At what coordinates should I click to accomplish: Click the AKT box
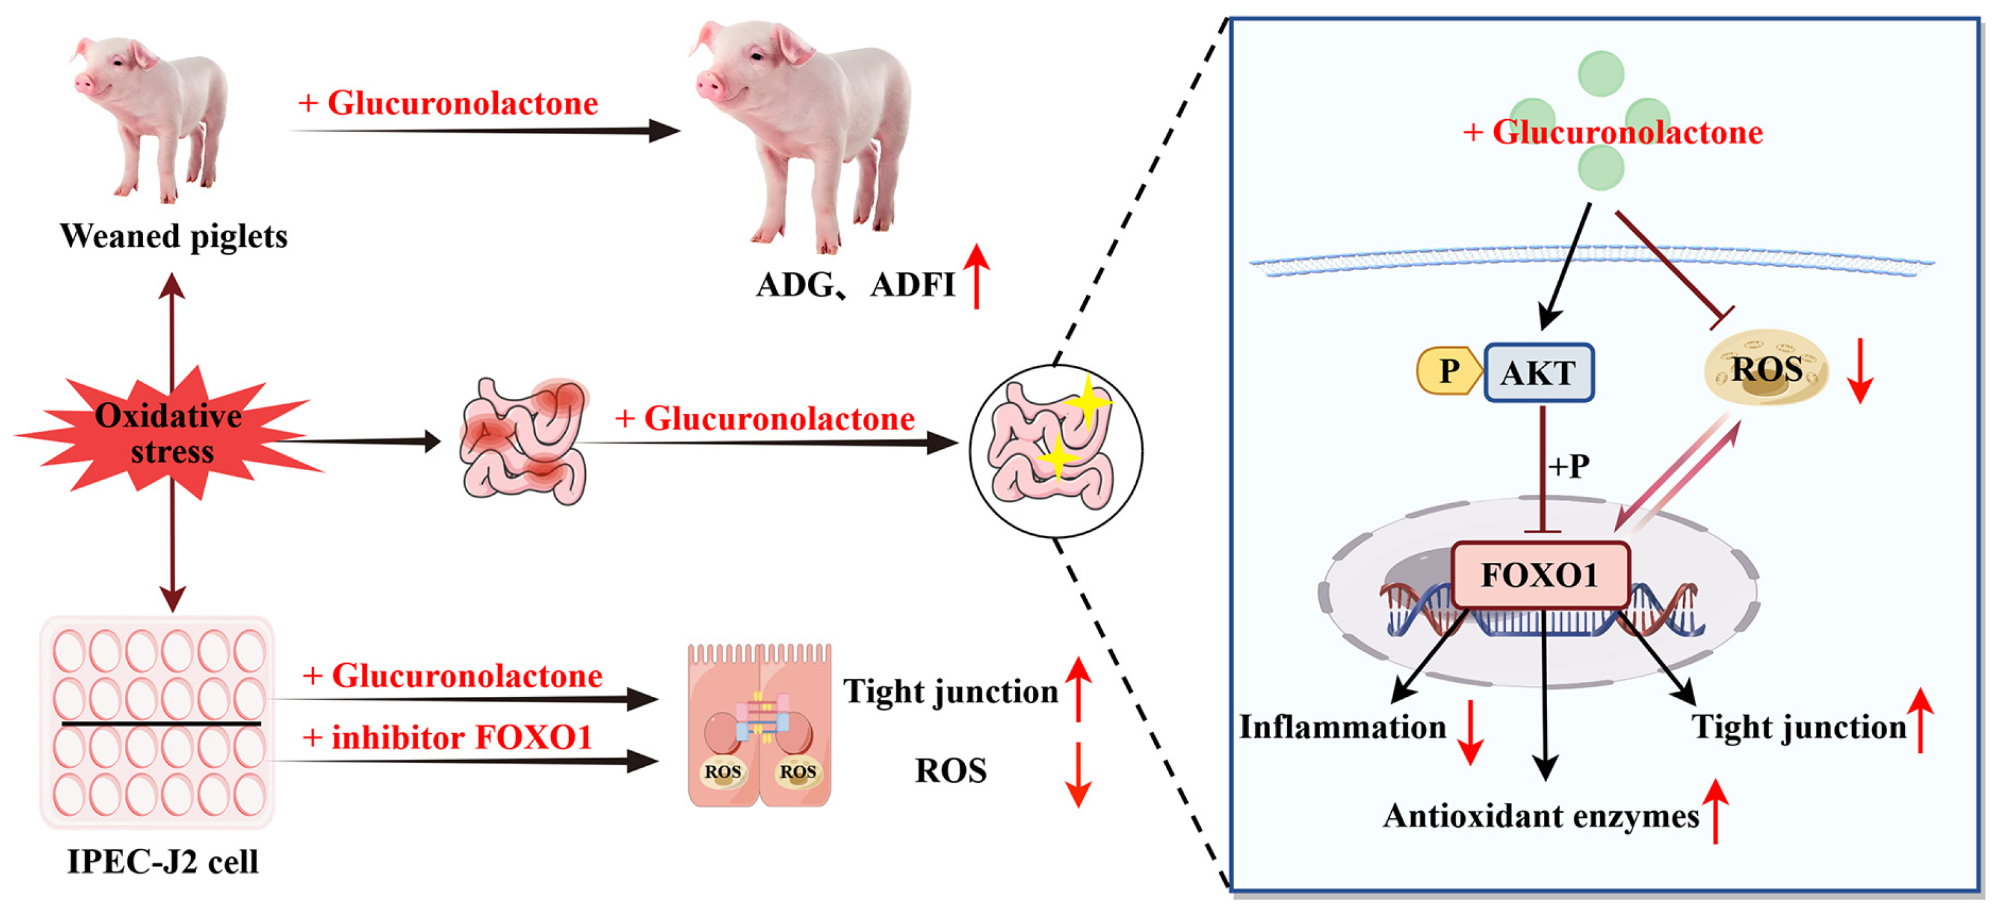[x=1539, y=372]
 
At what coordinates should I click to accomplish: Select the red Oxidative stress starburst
[x=169, y=433]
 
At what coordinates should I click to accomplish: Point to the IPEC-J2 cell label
[x=162, y=861]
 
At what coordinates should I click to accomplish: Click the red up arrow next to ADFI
[x=976, y=277]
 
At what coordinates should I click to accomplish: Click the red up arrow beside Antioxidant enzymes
[x=1715, y=811]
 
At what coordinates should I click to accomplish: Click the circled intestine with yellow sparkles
[x=1055, y=450]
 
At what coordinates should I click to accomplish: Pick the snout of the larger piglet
[x=710, y=85]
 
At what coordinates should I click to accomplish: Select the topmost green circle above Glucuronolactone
[x=1601, y=74]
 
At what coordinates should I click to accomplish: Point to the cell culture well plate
[x=157, y=722]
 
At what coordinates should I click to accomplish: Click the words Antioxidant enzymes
[x=1541, y=817]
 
